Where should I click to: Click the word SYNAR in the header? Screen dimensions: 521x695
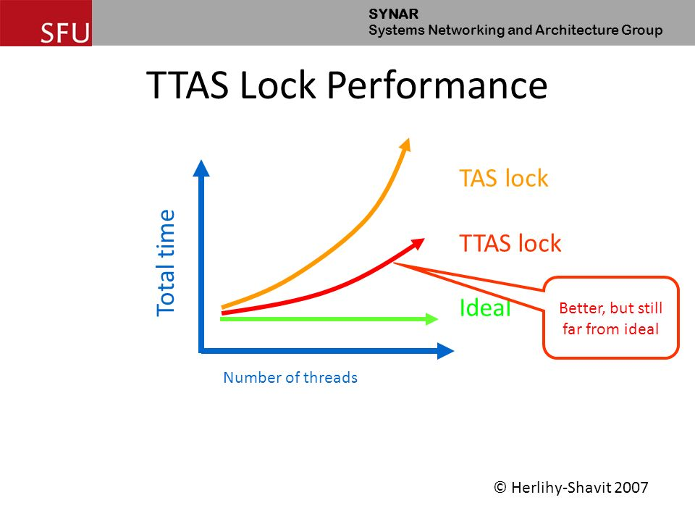coord(389,13)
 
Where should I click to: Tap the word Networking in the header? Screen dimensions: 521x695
coord(464,30)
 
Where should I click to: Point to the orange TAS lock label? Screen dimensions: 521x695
coord(503,178)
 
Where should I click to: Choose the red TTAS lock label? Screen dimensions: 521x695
coord(510,243)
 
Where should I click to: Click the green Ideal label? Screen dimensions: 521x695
coord(485,308)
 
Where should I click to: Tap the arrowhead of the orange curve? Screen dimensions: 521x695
coord(405,144)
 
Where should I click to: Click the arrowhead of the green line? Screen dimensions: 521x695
coord(432,318)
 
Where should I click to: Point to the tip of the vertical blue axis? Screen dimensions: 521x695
coord(202,168)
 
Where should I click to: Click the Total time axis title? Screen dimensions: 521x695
coord(167,262)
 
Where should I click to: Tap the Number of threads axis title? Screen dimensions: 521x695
coord(290,377)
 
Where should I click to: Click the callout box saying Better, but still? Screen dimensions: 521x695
coord(610,318)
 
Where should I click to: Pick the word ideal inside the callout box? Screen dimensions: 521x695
coord(642,329)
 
